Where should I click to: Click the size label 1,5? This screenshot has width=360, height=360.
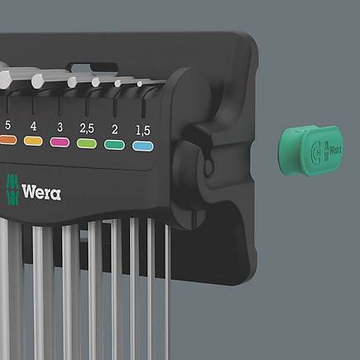tap(143, 131)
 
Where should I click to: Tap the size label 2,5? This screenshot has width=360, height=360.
tap(87, 128)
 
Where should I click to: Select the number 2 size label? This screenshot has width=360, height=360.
tap(115, 129)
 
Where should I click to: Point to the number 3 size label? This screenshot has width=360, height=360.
tap(60, 127)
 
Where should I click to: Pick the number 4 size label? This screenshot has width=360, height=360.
tap(33, 127)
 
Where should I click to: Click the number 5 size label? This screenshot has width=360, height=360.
tap(7, 125)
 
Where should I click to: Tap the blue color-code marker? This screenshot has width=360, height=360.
tap(142, 146)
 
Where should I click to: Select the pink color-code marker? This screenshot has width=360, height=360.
tap(60, 142)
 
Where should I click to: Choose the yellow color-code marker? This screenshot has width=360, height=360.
tap(33, 141)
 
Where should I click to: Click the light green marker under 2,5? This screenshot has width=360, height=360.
tap(87, 144)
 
